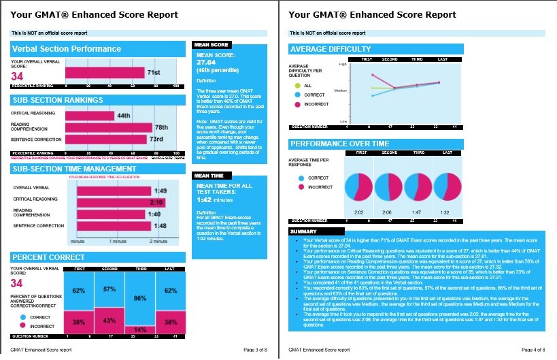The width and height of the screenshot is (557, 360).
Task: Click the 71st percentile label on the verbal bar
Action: point(154,73)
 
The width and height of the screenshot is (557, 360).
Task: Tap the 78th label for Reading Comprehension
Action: point(161,127)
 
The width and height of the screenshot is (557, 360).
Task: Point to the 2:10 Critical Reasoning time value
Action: point(157,202)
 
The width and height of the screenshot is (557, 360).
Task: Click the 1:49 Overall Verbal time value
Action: point(161,190)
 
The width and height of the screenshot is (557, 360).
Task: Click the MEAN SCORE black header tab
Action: point(211,45)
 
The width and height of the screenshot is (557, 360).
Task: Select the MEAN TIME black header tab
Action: point(209,175)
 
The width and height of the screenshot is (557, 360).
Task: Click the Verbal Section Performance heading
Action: point(67,49)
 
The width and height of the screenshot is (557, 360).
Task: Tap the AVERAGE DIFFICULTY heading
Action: point(331,49)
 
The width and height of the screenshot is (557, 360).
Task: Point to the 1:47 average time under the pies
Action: point(418,212)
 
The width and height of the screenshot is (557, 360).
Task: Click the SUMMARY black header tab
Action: point(304,231)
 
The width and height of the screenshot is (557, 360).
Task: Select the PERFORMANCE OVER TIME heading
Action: point(340,144)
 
